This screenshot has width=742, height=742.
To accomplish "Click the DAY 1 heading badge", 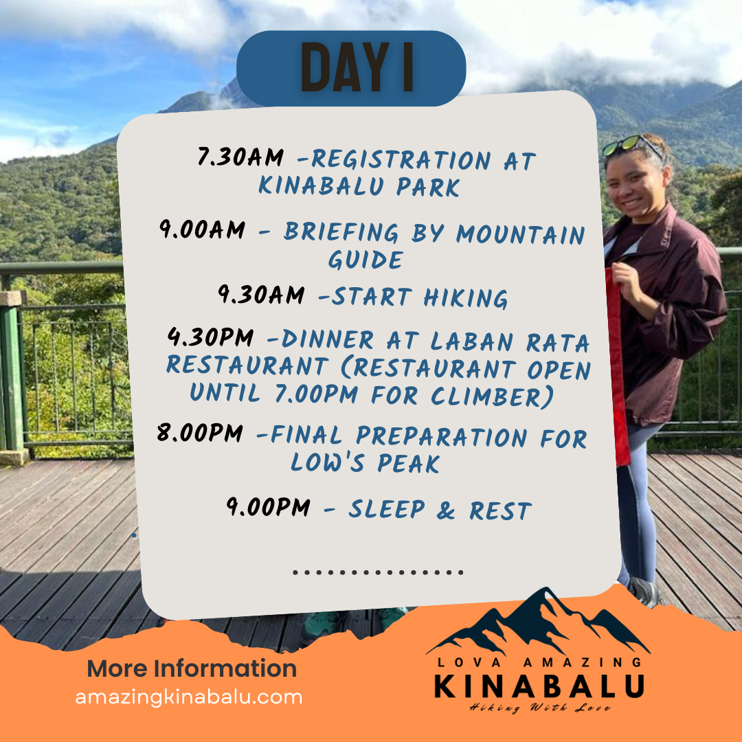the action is [x=351, y=68].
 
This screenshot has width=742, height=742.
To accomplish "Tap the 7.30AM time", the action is [x=240, y=157].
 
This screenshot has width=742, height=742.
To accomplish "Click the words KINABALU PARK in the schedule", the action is [x=359, y=186].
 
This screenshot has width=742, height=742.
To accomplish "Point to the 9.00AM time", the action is [x=202, y=230].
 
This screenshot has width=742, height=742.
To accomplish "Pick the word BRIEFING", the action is [x=341, y=232].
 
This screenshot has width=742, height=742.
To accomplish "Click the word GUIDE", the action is [x=366, y=260].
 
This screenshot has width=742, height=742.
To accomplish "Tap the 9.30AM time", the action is [x=261, y=295].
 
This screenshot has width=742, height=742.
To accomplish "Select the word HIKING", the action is [x=466, y=298].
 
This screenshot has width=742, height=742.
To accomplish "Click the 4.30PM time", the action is [x=211, y=338].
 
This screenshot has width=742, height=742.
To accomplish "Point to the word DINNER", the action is [x=328, y=340].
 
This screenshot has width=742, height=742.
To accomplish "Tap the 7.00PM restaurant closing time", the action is [x=316, y=394].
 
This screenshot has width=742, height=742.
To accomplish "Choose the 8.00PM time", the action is [x=200, y=433].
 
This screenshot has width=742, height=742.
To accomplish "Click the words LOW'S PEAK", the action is [x=365, y=462].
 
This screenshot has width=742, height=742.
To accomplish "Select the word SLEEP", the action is [x=387, y=510].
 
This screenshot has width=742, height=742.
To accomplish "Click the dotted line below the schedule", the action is [x=378, y=572].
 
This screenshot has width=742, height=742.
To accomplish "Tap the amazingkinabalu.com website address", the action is [x=189, y=697].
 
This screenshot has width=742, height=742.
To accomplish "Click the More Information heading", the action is [x=192, y=668].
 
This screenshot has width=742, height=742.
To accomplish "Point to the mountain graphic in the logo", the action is [x=538, y=621].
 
